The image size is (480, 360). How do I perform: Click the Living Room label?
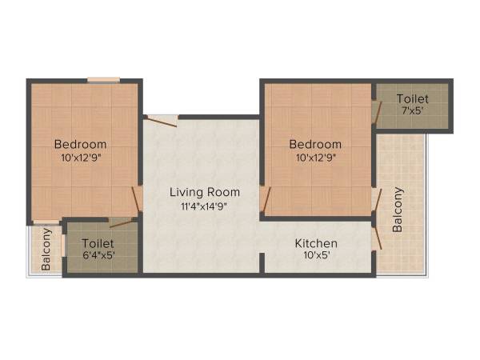204,193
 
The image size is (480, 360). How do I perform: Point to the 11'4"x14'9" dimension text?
204,207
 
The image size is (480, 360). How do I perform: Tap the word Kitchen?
316,243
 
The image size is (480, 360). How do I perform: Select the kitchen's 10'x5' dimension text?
315,256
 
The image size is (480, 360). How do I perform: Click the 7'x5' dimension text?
412,111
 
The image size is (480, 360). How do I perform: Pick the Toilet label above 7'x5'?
412,98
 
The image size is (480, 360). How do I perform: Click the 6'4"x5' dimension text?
98,255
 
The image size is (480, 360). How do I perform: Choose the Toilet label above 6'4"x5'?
98,242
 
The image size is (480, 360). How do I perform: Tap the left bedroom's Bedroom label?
80,144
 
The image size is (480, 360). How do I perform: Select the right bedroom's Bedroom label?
315,144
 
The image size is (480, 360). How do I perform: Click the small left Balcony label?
46,249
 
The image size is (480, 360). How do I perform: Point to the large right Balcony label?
398,210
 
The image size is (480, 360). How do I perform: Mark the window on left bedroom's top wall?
103,79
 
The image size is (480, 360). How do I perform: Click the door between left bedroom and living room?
138,200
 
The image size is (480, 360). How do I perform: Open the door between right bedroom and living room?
266,200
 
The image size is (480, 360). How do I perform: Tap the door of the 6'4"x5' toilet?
120,222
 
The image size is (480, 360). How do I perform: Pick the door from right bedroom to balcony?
376,200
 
